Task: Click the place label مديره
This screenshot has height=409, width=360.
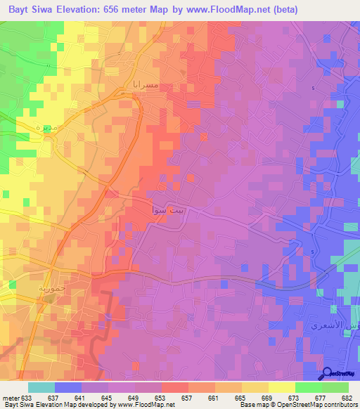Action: point(28,129)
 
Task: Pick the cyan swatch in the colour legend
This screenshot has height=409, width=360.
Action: point(41,387)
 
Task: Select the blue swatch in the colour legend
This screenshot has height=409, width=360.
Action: point(68,387)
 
